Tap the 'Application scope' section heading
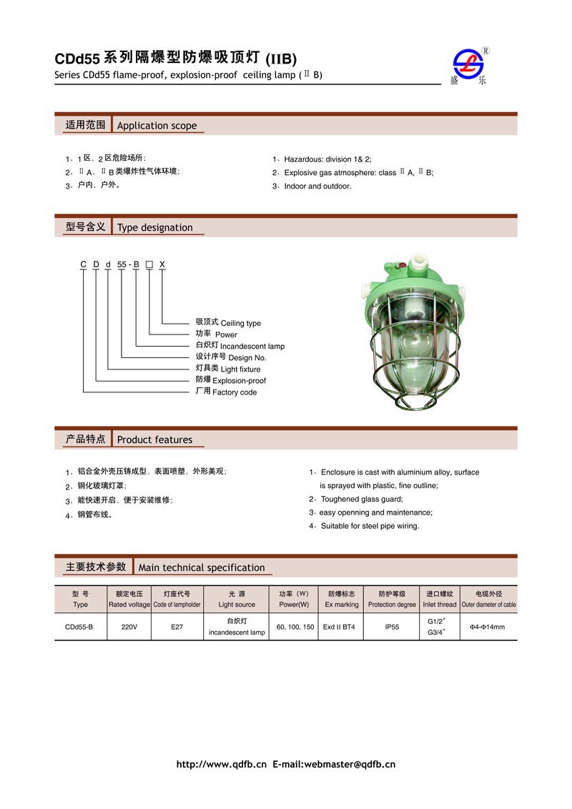[157, 126]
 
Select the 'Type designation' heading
[154, 228]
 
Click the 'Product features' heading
[154, 440]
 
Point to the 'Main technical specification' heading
[201, 567]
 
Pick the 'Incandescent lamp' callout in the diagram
[252, 347]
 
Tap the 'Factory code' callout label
[235, 392]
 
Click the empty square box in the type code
[149, 264]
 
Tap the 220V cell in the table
[129, 627]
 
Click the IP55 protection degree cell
[392, 627]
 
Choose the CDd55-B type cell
[80, 627]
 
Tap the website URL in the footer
[221, 765]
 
